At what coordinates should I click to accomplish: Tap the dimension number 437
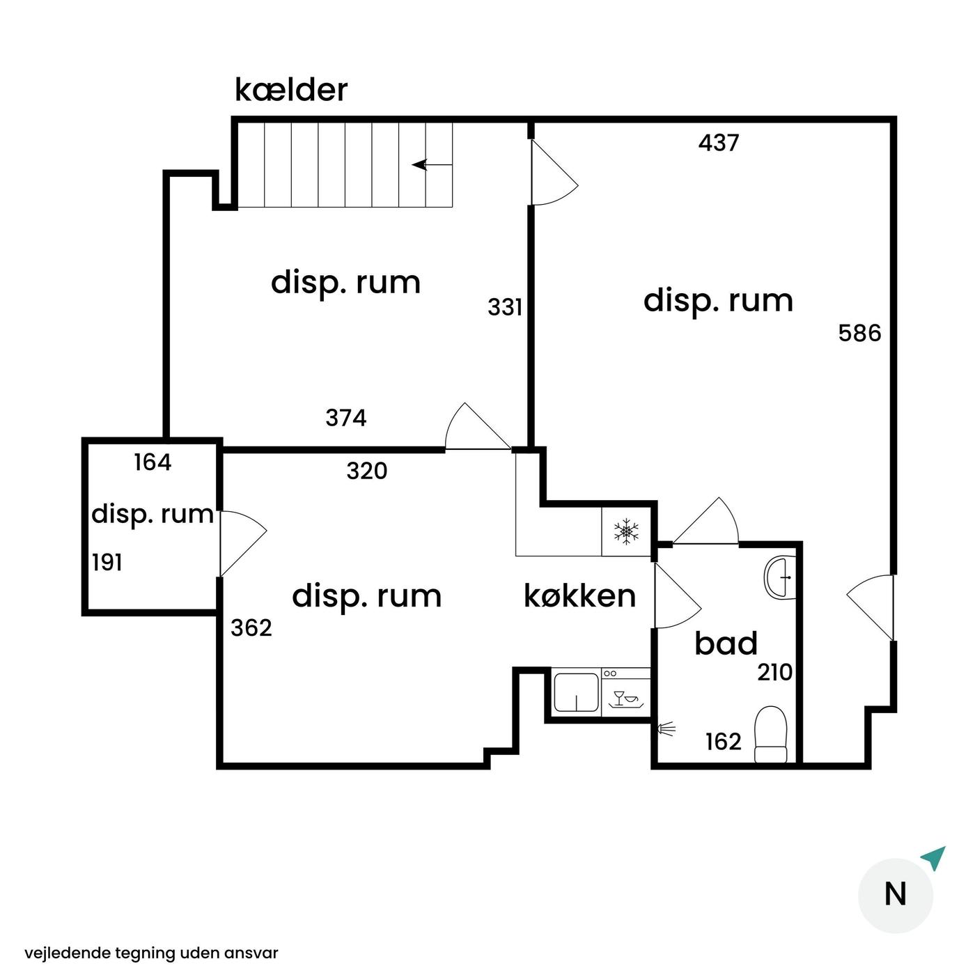pyautogui.click(x=719, y=143)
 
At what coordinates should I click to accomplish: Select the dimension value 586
pyautogui.click(x=859, y=333)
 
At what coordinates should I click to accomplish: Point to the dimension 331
pyautogui.click(x=504, y=307)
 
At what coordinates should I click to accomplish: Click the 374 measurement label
pyautogui.click(x=346, y=418)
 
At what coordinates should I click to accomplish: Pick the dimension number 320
pyautogui.click(x=367, y=471)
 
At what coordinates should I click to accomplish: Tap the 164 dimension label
pyautogui.click(x=153, y=462)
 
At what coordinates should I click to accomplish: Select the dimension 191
pyautogui.click(x=107, y=563)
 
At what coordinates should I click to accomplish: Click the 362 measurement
pyautogui.click(x=251, y=628)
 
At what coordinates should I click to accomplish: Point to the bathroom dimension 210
pyautogui.click(x=774, y=673)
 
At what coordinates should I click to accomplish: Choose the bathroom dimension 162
pyautogui.click(x=724, y=742)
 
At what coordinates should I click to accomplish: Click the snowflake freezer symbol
pyautogui.click(x=626, y=531)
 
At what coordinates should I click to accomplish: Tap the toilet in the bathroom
pyautogui.click(x=770, y=734)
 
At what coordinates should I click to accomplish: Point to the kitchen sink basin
pyautogui.click(x=577, y=692)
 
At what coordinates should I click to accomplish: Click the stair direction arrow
pyautogui.click(x=432, y=165)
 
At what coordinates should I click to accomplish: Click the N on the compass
pyautogui.click(x=895, y=894)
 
